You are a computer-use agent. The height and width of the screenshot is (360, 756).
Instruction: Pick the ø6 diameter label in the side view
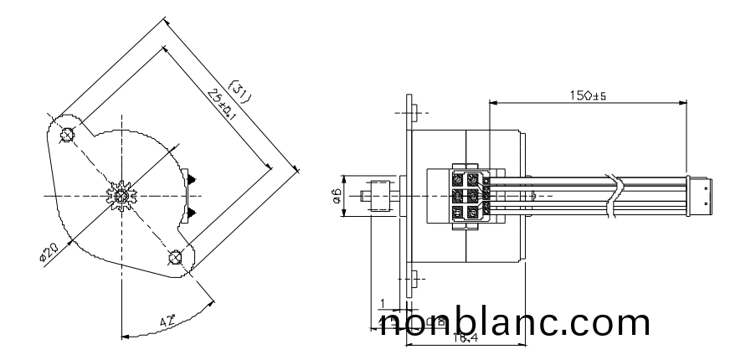[x=335, y=197]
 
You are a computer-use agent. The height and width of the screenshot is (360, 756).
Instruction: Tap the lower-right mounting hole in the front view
[x=175, y=256]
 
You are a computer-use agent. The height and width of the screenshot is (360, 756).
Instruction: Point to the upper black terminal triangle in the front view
[x=193, y=178]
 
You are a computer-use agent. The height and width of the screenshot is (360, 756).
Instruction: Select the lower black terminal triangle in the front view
[x=193, y=212]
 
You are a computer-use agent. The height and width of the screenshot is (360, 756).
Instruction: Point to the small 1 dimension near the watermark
[x=383, y=303]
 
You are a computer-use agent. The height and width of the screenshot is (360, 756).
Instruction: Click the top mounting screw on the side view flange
[x=413, y=112]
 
